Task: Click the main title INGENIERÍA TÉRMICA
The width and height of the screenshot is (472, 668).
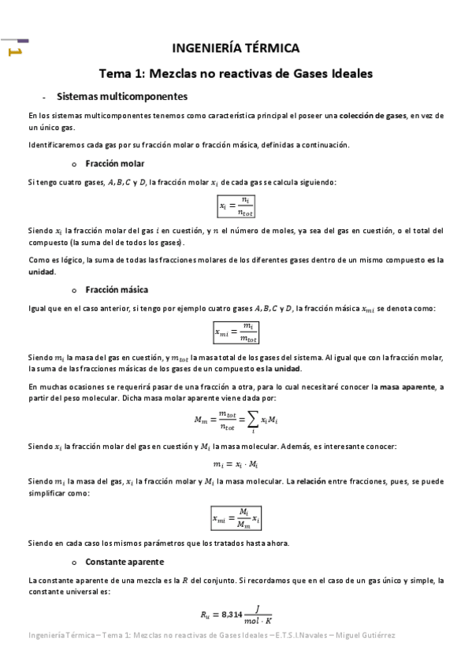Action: [x=235, y=49]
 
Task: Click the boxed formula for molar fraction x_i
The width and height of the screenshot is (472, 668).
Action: [x=237, y=206]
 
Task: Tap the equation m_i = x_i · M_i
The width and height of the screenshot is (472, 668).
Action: [x=236, y=464]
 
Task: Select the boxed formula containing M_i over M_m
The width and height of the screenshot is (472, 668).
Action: [x=236, y=518]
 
